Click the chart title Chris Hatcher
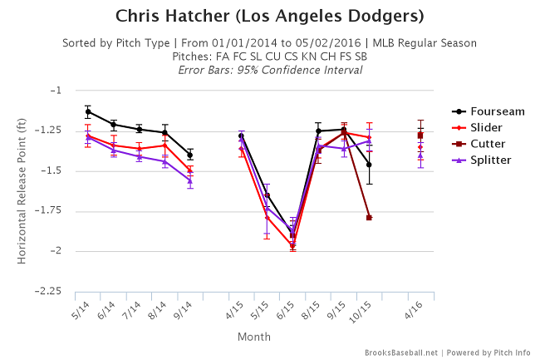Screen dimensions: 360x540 (269, 16)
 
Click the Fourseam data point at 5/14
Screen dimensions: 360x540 (87, 111)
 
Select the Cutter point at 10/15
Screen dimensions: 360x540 (369, 218)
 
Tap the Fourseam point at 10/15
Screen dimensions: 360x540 (369, 165)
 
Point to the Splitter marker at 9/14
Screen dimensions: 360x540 (190, 180)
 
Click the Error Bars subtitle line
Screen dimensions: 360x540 (269, 70)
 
